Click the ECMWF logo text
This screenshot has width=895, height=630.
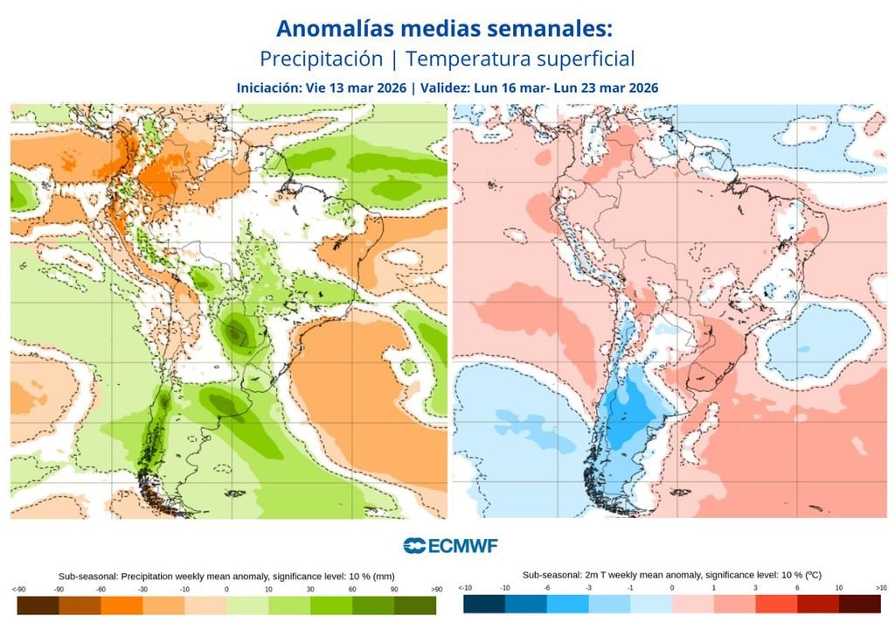[x=462, y=546]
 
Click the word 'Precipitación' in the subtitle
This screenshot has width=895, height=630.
[x=321, y=59]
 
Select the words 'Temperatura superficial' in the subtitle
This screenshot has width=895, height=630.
[x=520, y=59]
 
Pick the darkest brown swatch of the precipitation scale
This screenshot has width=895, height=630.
[x=38, y=604]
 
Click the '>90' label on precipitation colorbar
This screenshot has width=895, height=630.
[x=436, y=589]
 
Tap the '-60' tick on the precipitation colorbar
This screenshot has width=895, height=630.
[x=101, y=589]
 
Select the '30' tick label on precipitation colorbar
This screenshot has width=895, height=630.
[x=310, y=589]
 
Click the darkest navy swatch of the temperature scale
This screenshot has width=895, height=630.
[x=483, y=604]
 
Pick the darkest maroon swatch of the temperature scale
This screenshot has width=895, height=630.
[x=860, y=604]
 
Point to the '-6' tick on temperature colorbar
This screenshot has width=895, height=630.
[x=545, y=588]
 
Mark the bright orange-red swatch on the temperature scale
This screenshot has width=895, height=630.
[x=775, y=604]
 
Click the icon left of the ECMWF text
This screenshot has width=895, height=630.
[x=414, y=546]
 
